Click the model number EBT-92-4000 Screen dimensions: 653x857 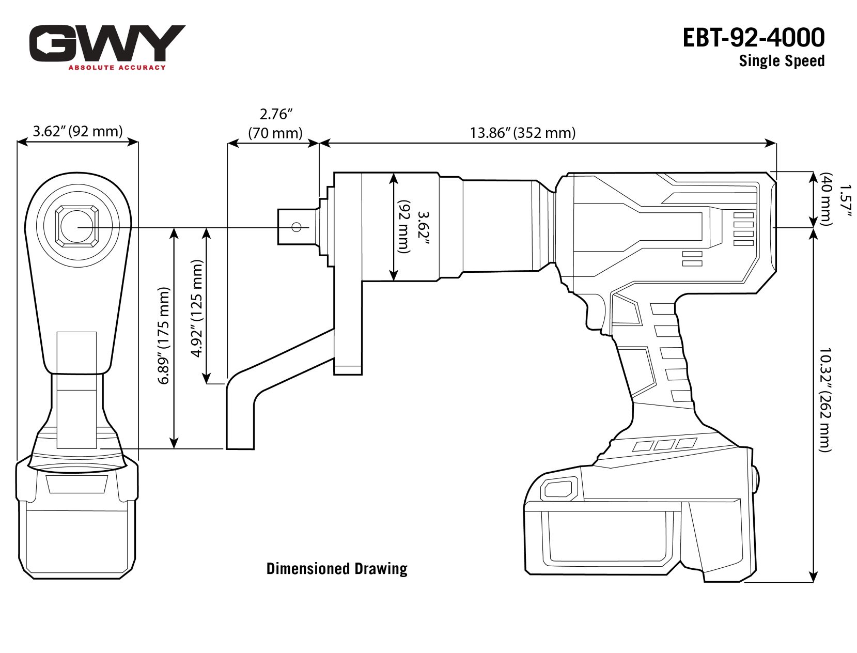pos(753,38)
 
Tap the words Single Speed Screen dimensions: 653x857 pos(781,61)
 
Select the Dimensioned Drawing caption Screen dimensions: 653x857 pos(337,569)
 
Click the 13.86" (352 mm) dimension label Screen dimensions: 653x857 pos(522,133)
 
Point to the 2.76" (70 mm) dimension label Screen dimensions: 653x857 pos(275,123)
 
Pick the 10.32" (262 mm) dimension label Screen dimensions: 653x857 pos(825,399)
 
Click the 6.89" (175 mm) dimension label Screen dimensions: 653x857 pos(164,336)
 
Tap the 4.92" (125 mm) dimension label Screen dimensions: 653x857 pos(197,308)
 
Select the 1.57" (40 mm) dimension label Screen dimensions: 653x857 pos(835,198)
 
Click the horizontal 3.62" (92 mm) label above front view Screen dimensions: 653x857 pos(77,131)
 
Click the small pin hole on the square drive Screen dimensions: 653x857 pos(297,227)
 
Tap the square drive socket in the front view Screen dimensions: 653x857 pos(77,226)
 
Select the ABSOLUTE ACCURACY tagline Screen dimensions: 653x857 pos(117,67)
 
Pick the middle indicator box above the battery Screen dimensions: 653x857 pos(664,444)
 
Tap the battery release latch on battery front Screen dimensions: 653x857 pos(558,488)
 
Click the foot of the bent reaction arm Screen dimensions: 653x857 pos(240,429)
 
